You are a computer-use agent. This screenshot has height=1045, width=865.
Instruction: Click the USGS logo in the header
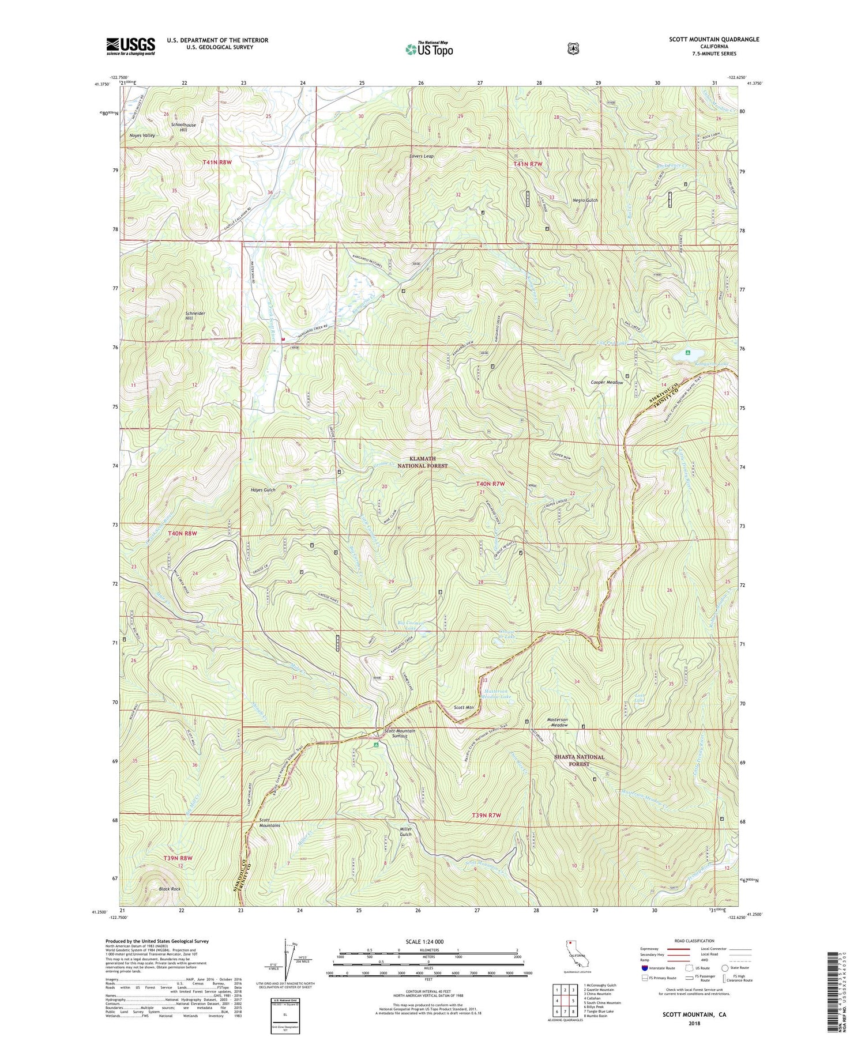(130, 46)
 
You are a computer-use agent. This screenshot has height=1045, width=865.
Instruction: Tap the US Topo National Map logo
(429, 48)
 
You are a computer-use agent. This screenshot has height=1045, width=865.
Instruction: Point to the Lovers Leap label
(421, 156)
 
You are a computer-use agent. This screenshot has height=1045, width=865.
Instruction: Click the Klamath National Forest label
(422, 462)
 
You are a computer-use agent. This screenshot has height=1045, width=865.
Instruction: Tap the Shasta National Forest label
(579, 760)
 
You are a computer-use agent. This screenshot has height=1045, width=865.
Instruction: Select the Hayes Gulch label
(262, 489)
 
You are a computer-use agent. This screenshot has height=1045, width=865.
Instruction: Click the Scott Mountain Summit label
(400, 734)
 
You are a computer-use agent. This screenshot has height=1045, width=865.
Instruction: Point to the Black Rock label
(170, 889)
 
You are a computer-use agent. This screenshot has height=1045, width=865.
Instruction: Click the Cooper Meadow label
(607, 383)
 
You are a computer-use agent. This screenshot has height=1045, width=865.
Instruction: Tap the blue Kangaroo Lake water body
(692, 353)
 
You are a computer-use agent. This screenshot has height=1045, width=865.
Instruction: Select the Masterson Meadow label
(557, 722)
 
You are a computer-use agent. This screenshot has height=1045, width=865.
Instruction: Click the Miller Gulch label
(406, 832)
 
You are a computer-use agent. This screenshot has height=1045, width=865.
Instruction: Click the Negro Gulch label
(585, 200)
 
